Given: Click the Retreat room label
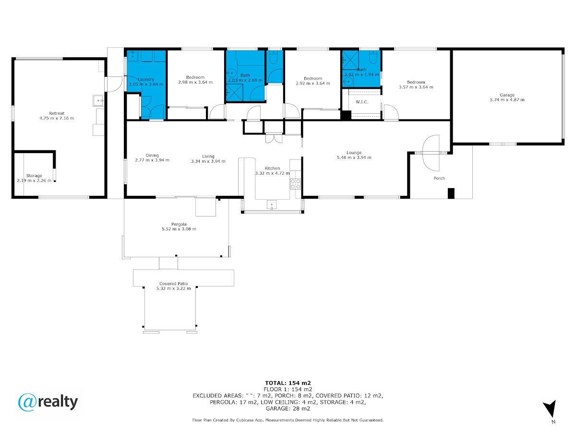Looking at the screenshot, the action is coord(57,113).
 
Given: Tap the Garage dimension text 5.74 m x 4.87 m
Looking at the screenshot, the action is coord(507,100).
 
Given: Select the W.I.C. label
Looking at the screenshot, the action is coord(362,102).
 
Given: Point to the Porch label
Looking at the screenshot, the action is coord(439,179).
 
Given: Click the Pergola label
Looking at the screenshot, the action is coord(179,224).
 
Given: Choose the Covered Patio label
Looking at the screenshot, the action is coord(173,284).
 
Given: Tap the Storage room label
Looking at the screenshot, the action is coord(34,176).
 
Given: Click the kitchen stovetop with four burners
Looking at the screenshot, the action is coord(295,184).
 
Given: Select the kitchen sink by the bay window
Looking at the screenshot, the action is coord(272,204).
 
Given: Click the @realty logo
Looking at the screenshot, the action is coord(48,402).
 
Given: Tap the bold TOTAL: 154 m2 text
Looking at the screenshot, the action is coord(288,383).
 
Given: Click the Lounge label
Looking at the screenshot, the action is coord(354,153).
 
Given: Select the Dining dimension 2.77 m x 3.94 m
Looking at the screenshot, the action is coord(152,160).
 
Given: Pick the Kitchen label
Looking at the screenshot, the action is coord(272,168).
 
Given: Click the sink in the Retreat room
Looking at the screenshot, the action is coord(98,101).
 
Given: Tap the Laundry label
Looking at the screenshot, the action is coord(146,80).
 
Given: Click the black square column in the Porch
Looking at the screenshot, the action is coord(451,193).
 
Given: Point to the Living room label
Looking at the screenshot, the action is coord(208,156).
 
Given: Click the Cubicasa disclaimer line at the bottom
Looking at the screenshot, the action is coord(288,420).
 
